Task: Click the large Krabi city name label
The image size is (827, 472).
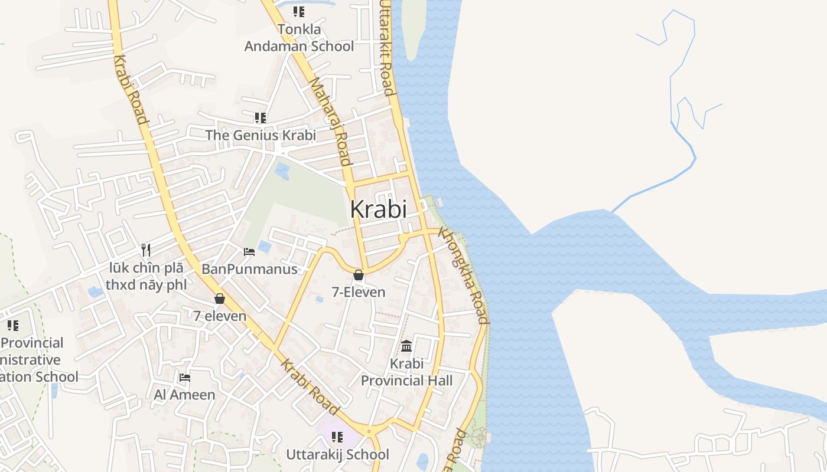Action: tap(379, 209)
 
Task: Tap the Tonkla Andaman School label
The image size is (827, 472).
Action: tap(299, 38)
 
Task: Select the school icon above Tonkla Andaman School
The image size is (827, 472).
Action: tap(299, 11)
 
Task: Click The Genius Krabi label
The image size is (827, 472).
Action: tap(261, 135)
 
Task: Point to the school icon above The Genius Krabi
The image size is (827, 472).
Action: tap(261, 118)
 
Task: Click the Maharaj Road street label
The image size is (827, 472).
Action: tap(331, 121)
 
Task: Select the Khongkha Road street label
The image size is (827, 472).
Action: tap(464, 276)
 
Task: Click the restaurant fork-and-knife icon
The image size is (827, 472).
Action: tap(146, 250)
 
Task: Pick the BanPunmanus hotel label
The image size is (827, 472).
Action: tap(249, 270)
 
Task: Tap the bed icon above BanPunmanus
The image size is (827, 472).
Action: tap(249, 252)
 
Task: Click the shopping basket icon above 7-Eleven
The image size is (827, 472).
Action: tap(359, 275)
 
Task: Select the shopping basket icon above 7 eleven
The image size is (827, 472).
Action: tap(220, 299)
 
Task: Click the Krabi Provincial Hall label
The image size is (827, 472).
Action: tap(407, 372)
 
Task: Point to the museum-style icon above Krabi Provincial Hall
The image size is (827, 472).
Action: tap(406, 346)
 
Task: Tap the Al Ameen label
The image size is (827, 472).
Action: tap(185, 395)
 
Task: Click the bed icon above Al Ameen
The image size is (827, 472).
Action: tap(185, 378)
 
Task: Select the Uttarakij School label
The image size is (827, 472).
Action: tap(338, 454)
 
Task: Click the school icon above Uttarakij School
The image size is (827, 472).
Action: tap(337, 437)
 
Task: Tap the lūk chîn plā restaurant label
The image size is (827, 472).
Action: tap(146, 276)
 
